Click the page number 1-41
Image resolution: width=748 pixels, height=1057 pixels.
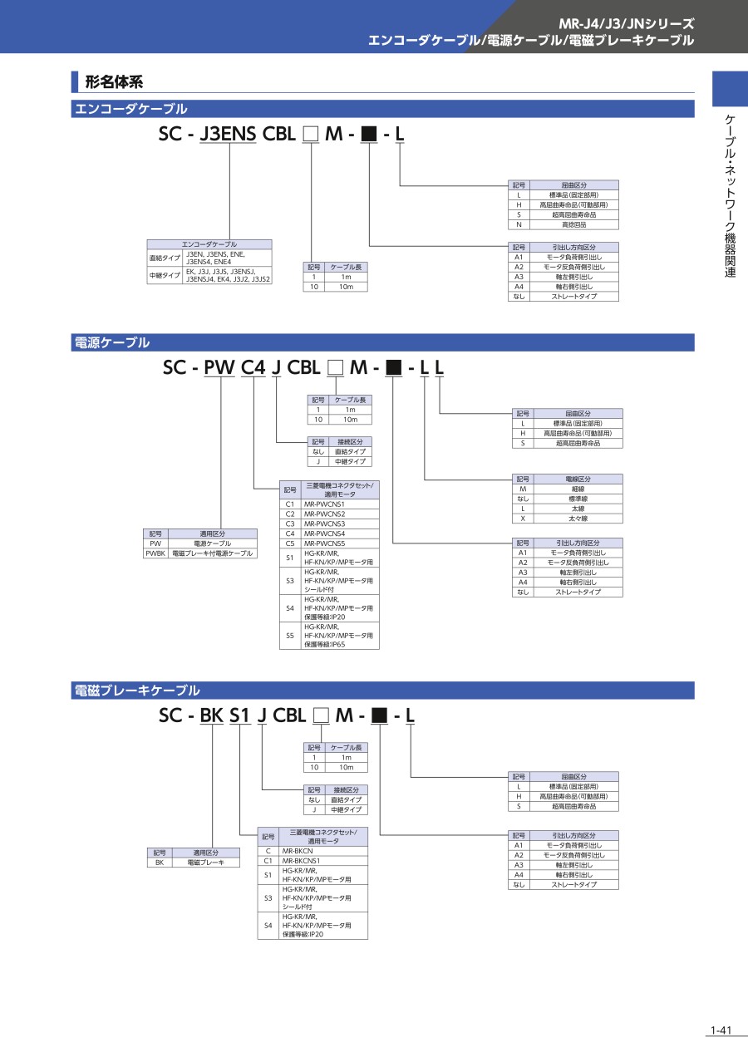720,1031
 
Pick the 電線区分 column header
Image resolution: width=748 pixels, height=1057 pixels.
578,479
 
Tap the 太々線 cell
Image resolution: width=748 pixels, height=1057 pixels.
578,519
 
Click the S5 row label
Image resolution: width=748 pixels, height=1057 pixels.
290,636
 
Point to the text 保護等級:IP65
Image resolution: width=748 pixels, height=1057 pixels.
327,644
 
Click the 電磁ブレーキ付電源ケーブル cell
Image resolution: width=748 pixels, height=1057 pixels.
212,553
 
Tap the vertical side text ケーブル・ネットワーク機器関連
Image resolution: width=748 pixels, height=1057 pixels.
730,195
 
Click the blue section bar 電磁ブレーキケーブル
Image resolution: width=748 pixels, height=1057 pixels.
382,691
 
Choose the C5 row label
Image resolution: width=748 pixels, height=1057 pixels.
290,543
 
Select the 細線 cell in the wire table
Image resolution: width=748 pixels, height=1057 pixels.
578,489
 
